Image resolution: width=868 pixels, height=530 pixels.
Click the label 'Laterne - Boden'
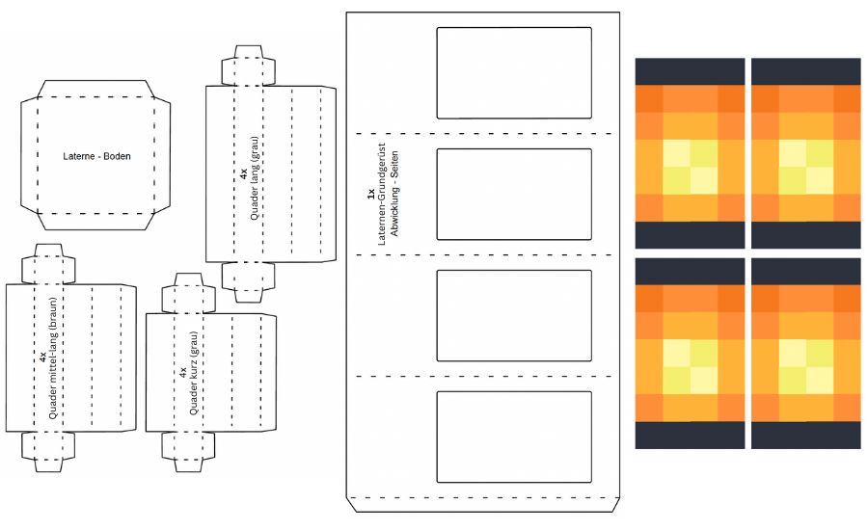(x=96, y=155)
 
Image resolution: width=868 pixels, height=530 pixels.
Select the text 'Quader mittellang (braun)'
(x=52, y=358)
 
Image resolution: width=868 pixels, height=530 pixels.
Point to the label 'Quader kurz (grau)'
(x=193, y=373)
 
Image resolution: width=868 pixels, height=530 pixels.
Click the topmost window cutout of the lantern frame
(x=513, y=72)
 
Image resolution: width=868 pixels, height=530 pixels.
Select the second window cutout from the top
(x=513, y=194)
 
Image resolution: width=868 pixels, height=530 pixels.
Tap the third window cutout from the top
(x=513, y=315)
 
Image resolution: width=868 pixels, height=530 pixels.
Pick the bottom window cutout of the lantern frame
(x=513, y=437)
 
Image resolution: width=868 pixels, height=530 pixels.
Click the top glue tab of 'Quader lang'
(x=249, y=66)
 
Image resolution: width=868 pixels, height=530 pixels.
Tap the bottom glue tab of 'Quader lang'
(x=249, y=276)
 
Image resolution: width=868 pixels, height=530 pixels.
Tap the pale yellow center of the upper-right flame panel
(x=805, y=166)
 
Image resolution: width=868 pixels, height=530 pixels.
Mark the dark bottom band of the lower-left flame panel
(x=690, y=435)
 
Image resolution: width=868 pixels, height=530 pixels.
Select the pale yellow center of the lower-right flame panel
(x=805, y=365)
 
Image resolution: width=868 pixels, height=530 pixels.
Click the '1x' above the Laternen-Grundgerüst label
(x=370, y=194)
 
